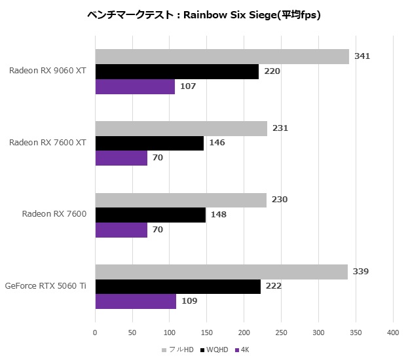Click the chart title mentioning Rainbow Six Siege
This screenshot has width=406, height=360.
pos(202,14)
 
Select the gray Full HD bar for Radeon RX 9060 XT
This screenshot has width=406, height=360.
pos(222,56)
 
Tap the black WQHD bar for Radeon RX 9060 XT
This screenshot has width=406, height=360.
pos(177,71)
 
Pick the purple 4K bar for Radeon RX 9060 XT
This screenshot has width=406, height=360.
pos(135,86)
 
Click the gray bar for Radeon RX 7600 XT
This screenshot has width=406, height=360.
pos(181,128)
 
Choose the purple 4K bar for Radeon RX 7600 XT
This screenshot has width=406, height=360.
pos(121,158)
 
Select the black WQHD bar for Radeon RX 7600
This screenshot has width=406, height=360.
pos(151,215)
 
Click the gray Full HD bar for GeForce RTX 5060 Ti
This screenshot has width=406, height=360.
pos(221,272)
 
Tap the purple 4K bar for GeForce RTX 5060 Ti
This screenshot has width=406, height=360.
pos(136,301)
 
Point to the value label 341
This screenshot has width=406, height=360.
pos(362,56)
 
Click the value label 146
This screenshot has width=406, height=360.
pos(217,143)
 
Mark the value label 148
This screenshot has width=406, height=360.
pos(219,215)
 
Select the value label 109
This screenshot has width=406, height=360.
pos(189,301)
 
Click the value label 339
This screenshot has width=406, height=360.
pos(361,272)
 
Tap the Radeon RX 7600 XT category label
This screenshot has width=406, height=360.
pos(48,142)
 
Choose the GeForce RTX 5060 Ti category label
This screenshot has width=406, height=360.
pos(46,285)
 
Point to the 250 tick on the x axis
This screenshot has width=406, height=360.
pos(282,333)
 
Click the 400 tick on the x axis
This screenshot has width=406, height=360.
pos(393,333)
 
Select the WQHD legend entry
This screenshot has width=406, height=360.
pos(215,350)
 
